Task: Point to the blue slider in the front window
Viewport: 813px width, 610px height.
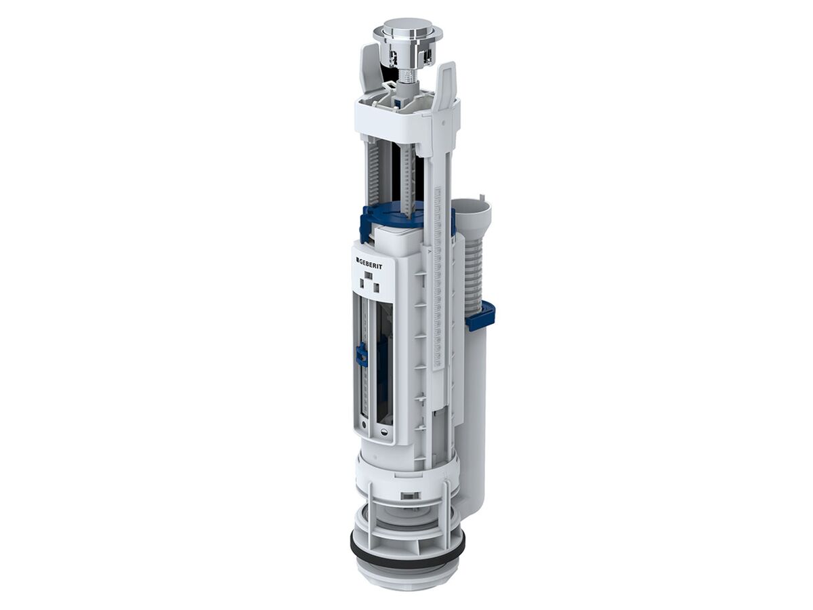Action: coord(362,354)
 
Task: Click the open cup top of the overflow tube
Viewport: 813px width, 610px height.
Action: coord(471,206)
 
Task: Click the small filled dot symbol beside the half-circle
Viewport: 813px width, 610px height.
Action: coord(364,425)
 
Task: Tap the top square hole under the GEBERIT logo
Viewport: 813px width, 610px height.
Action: coord(369,276)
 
